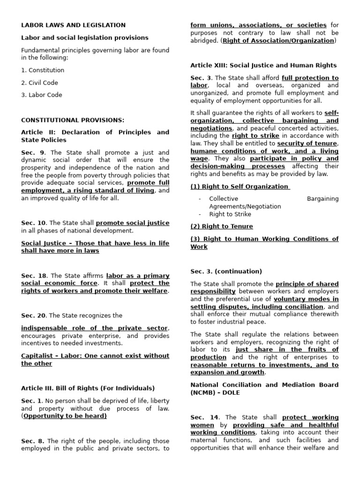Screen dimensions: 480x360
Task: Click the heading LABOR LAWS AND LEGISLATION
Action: click(x=73, y=25)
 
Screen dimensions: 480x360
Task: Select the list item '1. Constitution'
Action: click(x=43, y=70)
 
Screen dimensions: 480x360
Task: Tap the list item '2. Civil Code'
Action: click(x=40, y=82)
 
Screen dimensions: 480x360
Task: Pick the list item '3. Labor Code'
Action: click(x=42, y=95)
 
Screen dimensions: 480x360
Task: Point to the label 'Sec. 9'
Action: click(x=33, y=152)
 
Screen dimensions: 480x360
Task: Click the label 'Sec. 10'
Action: click(x=34, y=223)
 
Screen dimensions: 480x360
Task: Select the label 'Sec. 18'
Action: click(x=34, y=276)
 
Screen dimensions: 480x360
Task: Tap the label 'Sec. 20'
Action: click(x=34, y=315)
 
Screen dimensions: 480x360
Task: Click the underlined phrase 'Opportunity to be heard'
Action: click(x=65, y=416)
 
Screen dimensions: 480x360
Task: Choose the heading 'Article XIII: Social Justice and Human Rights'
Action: click(x=263, y=65)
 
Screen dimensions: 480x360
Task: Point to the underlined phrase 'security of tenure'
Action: click(x=307, y=143)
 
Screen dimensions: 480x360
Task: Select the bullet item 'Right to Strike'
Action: click(x=230, y=214)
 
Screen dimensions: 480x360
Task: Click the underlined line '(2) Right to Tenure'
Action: click(x=222, y=226)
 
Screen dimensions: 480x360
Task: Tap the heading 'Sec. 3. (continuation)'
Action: click(x=226, y=271)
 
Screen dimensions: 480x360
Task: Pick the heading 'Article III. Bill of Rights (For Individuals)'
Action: click(x=88, y=388)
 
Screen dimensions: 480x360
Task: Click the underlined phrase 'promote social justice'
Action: click(x=133, y=223)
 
